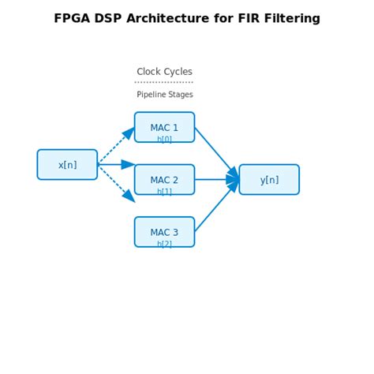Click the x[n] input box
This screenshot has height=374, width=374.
pos(67,165)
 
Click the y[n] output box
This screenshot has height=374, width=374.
pos(269,179)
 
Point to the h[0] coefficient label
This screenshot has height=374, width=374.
pos(164,139)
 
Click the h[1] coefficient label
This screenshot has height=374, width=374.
pos(164,192)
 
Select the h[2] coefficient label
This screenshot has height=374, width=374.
pos(164,244)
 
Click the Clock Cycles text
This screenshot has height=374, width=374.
pos(164,72)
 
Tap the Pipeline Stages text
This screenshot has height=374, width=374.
pos(164,95)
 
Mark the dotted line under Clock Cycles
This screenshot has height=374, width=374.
pos(164,82)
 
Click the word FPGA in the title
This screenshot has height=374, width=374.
pos(73,18)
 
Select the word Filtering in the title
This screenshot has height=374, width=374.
pos(290,18)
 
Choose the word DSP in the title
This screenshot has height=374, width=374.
pos(111,18)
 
